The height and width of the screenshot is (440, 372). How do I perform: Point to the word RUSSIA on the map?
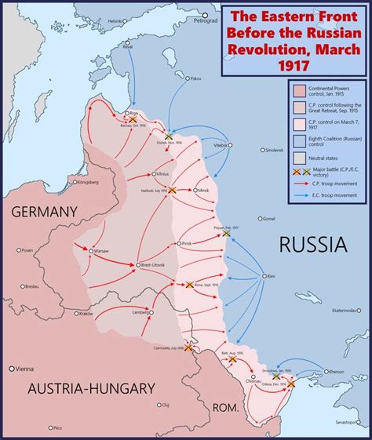[312, 245]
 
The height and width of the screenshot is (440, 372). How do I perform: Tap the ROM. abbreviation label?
[227, 406]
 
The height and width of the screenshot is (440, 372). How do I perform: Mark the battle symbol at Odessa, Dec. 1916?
[292, 384]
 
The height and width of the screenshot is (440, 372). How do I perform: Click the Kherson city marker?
[324, 372]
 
